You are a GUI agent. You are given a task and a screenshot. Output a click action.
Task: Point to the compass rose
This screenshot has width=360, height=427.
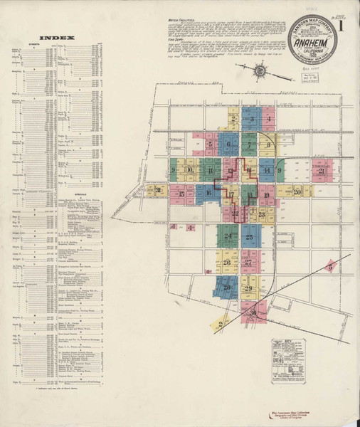click(x=260, y=70)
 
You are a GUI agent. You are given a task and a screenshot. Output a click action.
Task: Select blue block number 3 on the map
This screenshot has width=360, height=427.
click(x=251, y=120)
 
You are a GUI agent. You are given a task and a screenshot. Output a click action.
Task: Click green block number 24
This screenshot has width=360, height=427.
click(x=228, y=236)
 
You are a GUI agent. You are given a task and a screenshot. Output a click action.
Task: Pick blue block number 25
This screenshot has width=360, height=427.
click(x=250, y=236)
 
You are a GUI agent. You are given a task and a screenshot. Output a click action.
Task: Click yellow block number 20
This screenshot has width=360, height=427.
click(x=298, y=191)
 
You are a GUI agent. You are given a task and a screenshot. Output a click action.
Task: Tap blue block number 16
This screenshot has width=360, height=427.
click(x=208, y=191)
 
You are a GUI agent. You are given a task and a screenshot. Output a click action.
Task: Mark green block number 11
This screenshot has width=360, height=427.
click(x=211, y=169)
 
